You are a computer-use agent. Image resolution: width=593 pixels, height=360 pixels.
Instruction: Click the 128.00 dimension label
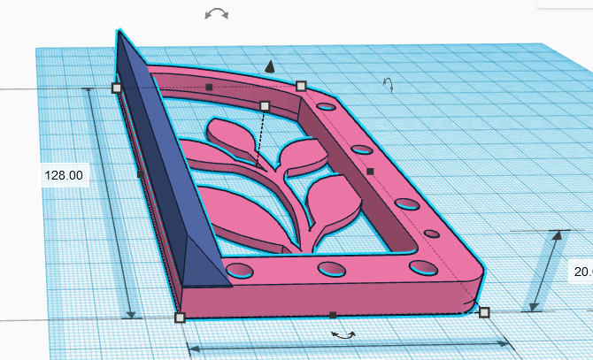[x=64, y=175]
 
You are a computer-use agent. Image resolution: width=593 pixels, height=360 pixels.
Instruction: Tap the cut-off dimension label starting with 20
[x=581, y=272]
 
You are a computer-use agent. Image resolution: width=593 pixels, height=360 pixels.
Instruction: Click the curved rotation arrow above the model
[x=216, y=13]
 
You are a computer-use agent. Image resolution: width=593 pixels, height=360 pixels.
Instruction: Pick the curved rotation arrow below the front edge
[x=343, y=334]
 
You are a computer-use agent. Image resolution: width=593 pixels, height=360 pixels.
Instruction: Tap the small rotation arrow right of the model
[x=387, y=84]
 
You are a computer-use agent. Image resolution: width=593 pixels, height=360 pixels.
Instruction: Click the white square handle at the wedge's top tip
[x=116, y=88]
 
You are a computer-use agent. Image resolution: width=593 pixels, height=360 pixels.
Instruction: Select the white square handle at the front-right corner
[x=484, y=311]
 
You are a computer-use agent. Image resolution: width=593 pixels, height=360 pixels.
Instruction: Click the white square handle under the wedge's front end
[x=180, y=317]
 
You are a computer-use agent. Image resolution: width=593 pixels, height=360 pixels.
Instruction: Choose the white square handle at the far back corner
[x=301, y=86]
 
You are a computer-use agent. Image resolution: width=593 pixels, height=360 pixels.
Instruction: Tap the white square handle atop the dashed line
[x=264, y=105]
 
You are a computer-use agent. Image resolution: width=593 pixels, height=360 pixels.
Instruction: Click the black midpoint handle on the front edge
[x=332, y=315]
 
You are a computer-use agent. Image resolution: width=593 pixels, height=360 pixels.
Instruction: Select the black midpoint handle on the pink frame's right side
[x=371, y=171]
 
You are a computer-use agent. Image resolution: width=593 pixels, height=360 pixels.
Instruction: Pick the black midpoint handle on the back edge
[x=209, y=87]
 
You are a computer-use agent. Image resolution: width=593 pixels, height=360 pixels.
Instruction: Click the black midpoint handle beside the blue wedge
[x=141, y=175]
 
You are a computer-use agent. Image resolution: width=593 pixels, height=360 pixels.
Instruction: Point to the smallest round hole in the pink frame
[x=432, y=234]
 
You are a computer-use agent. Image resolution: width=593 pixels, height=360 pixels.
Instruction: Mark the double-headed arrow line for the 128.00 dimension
[x=112, y=203]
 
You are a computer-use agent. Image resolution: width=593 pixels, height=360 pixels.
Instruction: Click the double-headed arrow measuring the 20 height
[x=544, y=271]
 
